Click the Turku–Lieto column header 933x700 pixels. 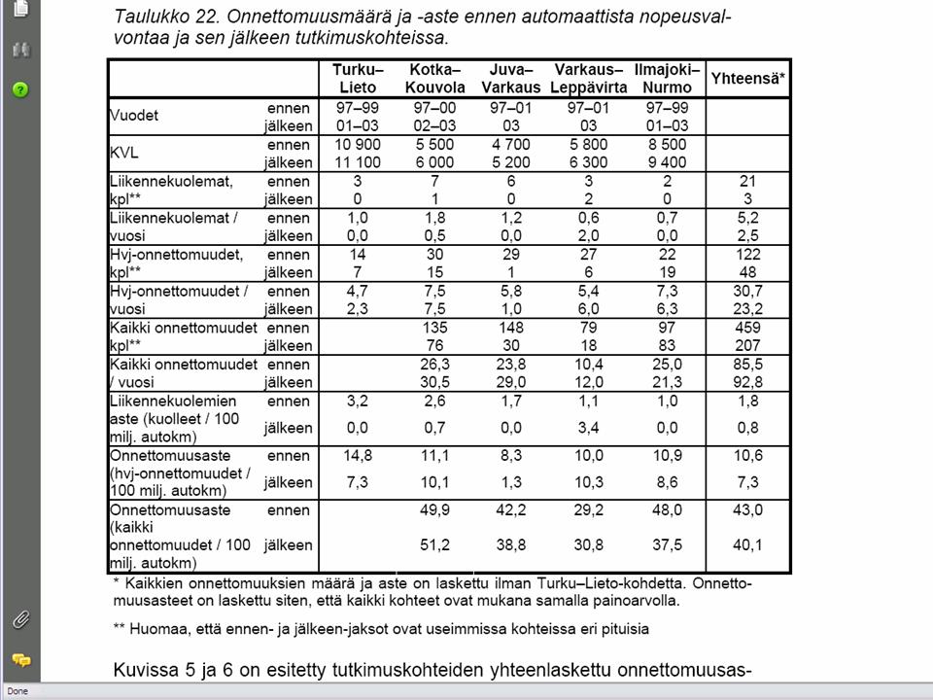(x=358, y=78)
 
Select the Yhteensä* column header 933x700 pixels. (x=746, y=78)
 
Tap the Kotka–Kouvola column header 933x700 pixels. (x=434, y=78)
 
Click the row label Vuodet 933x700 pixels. (x=134, y=116)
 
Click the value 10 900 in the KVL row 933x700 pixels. (x=358, y=144)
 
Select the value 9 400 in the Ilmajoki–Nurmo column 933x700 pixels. (x=667, y=162)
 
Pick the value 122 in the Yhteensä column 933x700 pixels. (x=746, y=255)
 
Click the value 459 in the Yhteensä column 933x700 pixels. (x=746, y=328)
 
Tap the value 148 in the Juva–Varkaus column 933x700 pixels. (x=511, y=328)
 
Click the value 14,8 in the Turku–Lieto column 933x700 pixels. (x=358, y=456)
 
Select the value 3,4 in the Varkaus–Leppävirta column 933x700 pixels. (x=589, y=428)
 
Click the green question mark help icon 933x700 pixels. (x=20, y=89)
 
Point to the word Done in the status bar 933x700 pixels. (x=18, y=691)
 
